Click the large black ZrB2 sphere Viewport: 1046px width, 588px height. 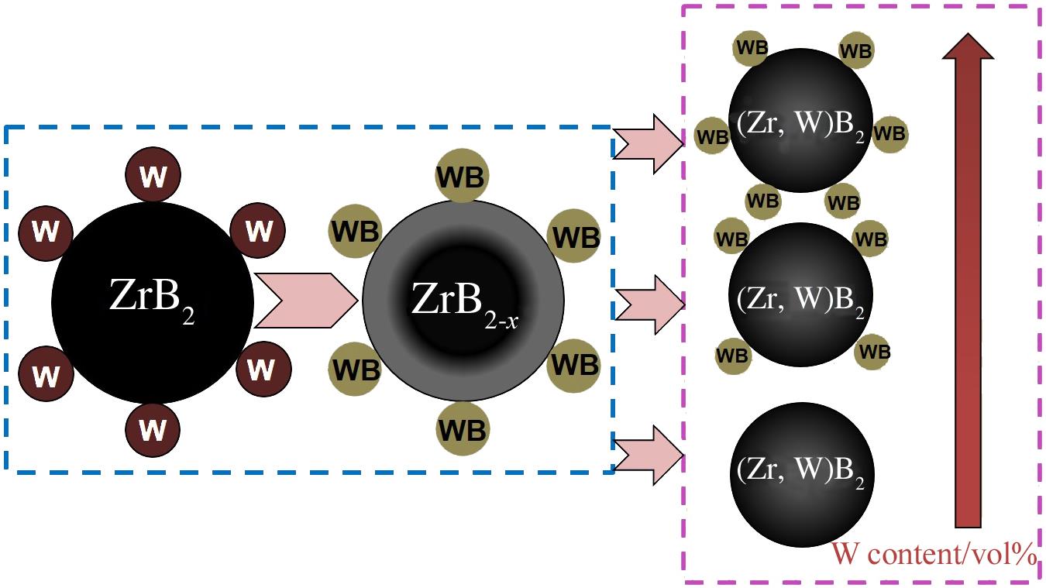tap(152, 303)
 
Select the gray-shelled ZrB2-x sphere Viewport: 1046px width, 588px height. tap(463, 301)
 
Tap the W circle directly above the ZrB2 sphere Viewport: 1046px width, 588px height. tap(153, 174)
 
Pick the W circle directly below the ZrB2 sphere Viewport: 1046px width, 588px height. tap(153, 430)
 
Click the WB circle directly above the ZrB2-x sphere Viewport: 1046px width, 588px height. tap(462, 176)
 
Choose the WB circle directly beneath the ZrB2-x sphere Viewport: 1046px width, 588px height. tap(463, 428)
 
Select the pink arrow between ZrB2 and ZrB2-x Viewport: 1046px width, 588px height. tap(306, 301)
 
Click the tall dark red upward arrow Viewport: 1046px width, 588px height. tap(968, 280)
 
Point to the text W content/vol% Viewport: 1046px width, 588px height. tap(934, 555)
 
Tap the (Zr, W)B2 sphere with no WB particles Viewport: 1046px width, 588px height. tap(801, 474)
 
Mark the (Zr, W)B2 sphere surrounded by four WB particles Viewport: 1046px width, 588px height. tap(801, 294)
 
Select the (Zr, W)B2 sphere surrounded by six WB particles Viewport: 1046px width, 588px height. tap(801, 120)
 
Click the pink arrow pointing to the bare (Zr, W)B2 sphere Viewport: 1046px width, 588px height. tap(649, 455)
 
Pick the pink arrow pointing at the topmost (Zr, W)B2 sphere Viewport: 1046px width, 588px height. tap(649, 144)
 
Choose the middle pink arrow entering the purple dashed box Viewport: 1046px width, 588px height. tap(650, 304)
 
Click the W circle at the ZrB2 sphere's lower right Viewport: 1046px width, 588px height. tap(264, 369)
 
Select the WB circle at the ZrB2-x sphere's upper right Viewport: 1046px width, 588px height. tap(574, 236)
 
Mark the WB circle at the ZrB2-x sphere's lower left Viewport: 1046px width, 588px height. tap(356, 369)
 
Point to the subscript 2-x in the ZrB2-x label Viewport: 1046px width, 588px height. tap(501, 321)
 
